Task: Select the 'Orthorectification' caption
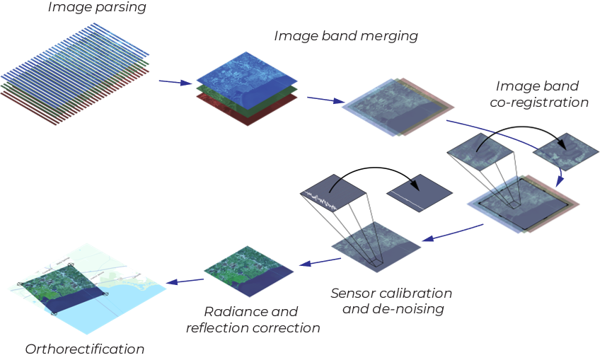(85, 349)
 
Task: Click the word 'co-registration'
(543, 103)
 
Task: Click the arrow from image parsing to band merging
(175, 83)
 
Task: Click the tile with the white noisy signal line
(333, 193)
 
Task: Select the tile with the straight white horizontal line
(418, 193)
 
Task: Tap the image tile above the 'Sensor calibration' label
(376, 245)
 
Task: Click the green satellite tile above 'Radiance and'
(248, 272)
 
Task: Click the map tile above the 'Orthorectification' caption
(85, 286)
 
